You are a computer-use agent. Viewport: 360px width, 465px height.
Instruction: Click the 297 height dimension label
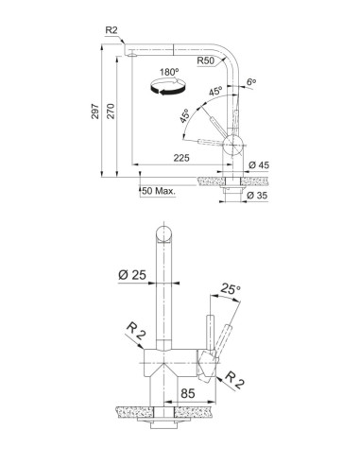click(94, 111)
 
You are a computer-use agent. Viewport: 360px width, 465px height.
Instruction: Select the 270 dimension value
click(111, 111)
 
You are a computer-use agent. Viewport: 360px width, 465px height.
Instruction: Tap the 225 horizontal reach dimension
click(181, 158)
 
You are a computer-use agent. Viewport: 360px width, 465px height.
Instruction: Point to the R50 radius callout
click(205, 60)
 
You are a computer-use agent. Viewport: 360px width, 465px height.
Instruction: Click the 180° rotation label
click(169, 72)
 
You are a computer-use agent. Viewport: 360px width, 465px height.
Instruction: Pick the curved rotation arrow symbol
click(167, 87)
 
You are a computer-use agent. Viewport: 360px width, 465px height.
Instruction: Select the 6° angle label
click(251, 82)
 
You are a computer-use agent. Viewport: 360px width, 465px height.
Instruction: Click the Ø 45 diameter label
click(259, 164)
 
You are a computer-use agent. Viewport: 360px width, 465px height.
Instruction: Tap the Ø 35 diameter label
click(257, 196)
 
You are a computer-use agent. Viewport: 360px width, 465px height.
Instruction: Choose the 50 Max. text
click(159, 191)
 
